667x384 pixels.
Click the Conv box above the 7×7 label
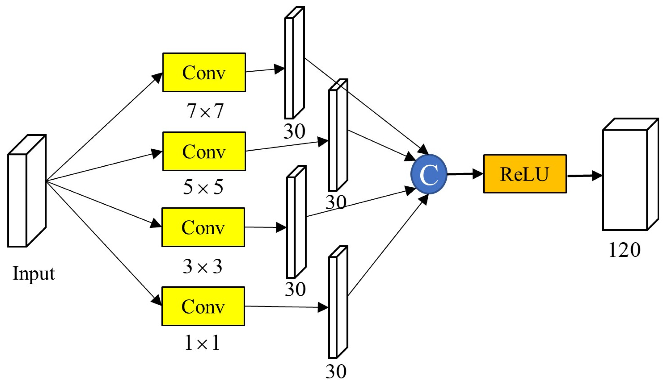204,73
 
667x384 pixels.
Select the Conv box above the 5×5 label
204,151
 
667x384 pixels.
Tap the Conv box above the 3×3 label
203,227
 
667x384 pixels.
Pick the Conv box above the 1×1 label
203,306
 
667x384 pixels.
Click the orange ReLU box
525,174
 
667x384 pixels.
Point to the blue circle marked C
429,174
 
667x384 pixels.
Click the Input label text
34,274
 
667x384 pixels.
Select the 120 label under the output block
624,250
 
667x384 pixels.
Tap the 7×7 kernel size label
205,111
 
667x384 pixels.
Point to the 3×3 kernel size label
203,267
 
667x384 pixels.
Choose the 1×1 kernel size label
202,343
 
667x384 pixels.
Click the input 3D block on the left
26,191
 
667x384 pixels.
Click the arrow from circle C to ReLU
464,174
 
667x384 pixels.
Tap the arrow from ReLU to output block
584,175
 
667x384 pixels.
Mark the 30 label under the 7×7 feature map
294,131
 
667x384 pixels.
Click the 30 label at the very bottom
336,372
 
